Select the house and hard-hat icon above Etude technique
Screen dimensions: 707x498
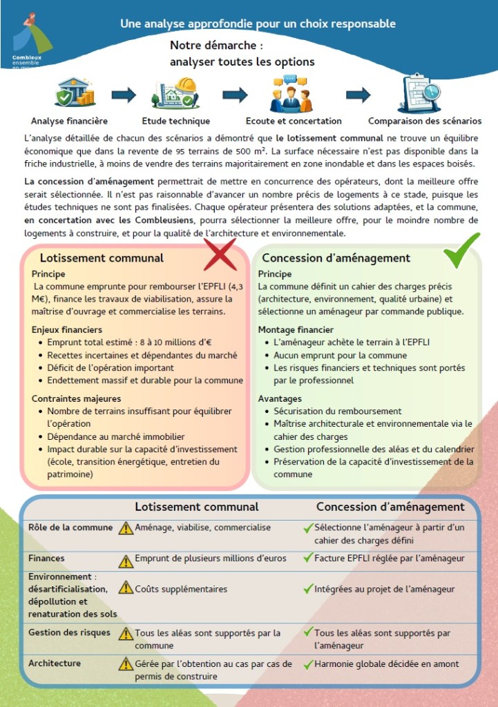[x=176, y=93]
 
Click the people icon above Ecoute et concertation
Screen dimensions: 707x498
[x=293, y=93]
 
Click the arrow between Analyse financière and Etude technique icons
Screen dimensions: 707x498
[x=124, y=95]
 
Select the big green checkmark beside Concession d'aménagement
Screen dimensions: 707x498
[x=461, y=251]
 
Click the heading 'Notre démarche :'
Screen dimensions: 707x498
[x=217, y=46]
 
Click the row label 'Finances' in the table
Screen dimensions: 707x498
[x=46, y=558]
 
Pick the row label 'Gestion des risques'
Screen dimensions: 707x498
[x=69, y=632]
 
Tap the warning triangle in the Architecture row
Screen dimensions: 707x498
[x=126, y=664]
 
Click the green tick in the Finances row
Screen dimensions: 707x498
[x=308, y=558]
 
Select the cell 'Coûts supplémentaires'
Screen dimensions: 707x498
[x=181, y=589]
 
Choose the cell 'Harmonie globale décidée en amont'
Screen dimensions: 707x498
[x=386, y=664]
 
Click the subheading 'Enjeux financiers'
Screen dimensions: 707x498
[x=67, y=330]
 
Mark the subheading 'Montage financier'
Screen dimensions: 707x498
[x=296, y=330]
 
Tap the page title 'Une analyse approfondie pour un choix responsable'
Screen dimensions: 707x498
[x=258, y=23]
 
